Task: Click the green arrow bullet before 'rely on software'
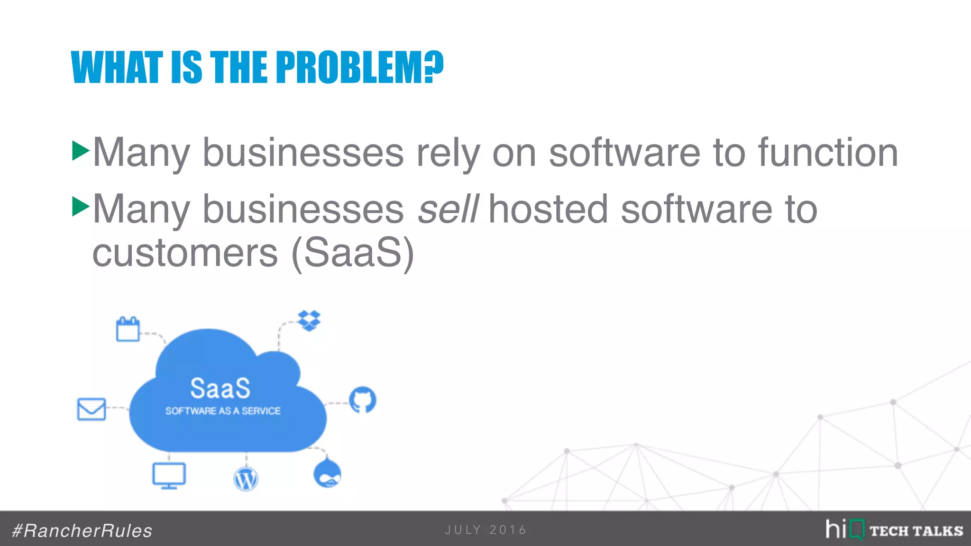click(x=81, y=151)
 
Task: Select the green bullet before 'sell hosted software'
click(x=81, y=207)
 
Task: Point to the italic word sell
click(x=448, y=209)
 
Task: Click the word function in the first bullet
click(x=828, y=153)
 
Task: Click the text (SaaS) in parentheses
click(x=353, y=254)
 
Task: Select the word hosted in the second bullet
click(x=548, y=209)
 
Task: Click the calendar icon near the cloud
click(x=128, y=329)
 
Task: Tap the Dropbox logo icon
click(x=309, y=321)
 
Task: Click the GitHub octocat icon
click(x=363, y=400)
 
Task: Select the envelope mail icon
click(x=92, y=409)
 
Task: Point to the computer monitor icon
click(x=169, y=475)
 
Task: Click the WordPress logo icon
click(x=246, y=479)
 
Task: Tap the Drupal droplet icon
click(x=327, y=473)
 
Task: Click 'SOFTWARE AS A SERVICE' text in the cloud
click(x=223, y=411)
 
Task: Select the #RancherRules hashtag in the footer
click(x=82, y=531)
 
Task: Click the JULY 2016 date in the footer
click(x=485, y=530)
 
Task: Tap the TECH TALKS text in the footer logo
click(x=916, y=531)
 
